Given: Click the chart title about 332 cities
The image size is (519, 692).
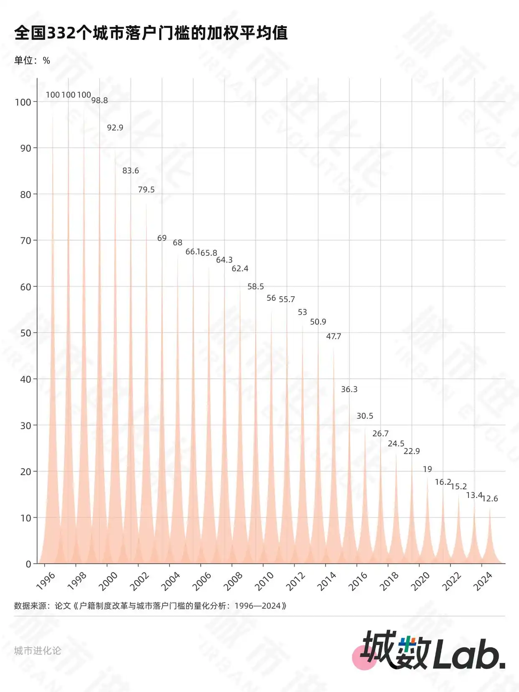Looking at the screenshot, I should click(x=151, y=33).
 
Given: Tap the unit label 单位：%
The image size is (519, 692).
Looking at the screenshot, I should click(x=32, y=61).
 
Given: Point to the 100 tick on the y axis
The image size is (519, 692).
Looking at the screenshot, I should click(x=23, y=102).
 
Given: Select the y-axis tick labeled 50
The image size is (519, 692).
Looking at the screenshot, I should click(x=25, y=333).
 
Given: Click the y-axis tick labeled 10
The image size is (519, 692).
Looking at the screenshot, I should click(x=25, y=518).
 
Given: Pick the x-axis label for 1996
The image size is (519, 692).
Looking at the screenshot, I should click(x=46, y=581).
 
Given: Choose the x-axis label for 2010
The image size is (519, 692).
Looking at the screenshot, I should click(x=264, y=581).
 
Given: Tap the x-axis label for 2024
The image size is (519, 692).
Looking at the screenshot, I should click(x=483, y=581).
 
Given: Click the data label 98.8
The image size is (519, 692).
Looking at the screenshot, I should click(x=99, y=100).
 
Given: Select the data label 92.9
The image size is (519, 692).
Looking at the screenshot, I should click(x=115, y=127).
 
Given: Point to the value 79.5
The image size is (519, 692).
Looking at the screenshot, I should click(x=146, y=189).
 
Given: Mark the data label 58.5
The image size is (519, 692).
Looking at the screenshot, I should click(x=255, y=286).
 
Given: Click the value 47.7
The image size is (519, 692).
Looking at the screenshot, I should click(x=333, y=336).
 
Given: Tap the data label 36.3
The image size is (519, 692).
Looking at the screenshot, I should click(x=349, y=389).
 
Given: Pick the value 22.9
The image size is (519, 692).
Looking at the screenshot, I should click(x=412, y=451).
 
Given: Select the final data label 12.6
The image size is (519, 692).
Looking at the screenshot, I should click(x=490, y=499).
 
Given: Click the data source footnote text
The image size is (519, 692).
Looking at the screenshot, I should click(x=150, y=605).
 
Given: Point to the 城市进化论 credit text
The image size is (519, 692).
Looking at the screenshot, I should click(x=38, y=651).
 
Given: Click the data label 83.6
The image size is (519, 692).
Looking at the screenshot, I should click(x=130, y=170).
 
